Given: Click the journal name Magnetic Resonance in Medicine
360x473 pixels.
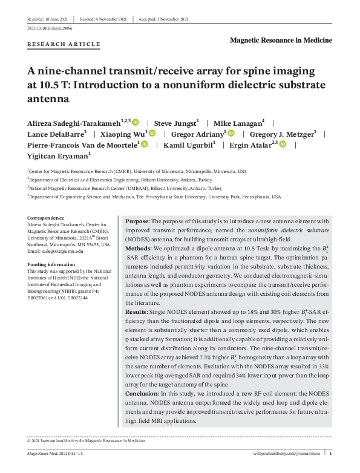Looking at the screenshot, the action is [x=281, y=40].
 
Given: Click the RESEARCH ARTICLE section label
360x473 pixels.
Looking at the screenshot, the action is [x=64, y=44].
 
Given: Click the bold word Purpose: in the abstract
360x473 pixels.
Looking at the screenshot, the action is [x=137, y=222].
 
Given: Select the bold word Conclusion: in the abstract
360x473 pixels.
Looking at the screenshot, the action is [x=142, y=393].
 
